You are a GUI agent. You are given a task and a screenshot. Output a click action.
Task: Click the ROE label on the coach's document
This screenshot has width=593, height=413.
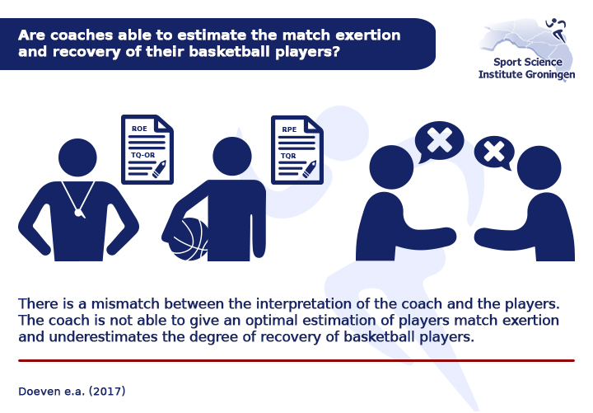pyautogui.click(x=139, y=129)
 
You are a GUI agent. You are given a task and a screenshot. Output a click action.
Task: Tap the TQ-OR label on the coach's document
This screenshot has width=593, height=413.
pyautogui.click(x=143, y=155)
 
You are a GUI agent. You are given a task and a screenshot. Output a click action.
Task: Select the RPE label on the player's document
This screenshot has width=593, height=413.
pyautogui.click(x=289, y=129)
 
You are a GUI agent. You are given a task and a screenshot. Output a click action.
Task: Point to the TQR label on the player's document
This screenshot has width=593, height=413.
pyautogui.click(x=288, y=156)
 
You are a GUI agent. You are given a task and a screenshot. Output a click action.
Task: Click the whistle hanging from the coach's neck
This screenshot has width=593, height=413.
pyautogui.click(x=79, y=214)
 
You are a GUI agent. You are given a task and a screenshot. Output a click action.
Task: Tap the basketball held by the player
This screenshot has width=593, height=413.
pyautogui.click(x=189, y=239)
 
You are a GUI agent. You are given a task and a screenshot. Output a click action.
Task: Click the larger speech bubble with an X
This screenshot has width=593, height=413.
pyautogui.click(x=439, y=141)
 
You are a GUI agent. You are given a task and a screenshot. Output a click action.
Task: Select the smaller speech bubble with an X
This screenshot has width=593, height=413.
pyautogui.click(x=494, y=153)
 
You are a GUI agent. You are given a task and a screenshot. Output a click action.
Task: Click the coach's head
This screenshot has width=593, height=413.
pyautogui.click(x=77, y=157)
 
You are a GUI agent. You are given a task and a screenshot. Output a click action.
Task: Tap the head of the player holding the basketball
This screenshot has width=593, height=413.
pyautogui.click(x=231, y=156)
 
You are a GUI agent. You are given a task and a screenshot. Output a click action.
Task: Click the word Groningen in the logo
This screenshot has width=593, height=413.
pyautogui.click(x=550, y=74)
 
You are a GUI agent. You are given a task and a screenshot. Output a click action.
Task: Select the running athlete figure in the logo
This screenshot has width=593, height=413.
pyautogui.click(x=557, y=30)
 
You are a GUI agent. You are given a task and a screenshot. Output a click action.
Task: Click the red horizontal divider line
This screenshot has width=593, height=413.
pyautogui.click(x=296, y=361)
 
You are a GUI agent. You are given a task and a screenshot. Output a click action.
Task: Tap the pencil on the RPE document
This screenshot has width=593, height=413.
pyautogui.click(x=310, y=170)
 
